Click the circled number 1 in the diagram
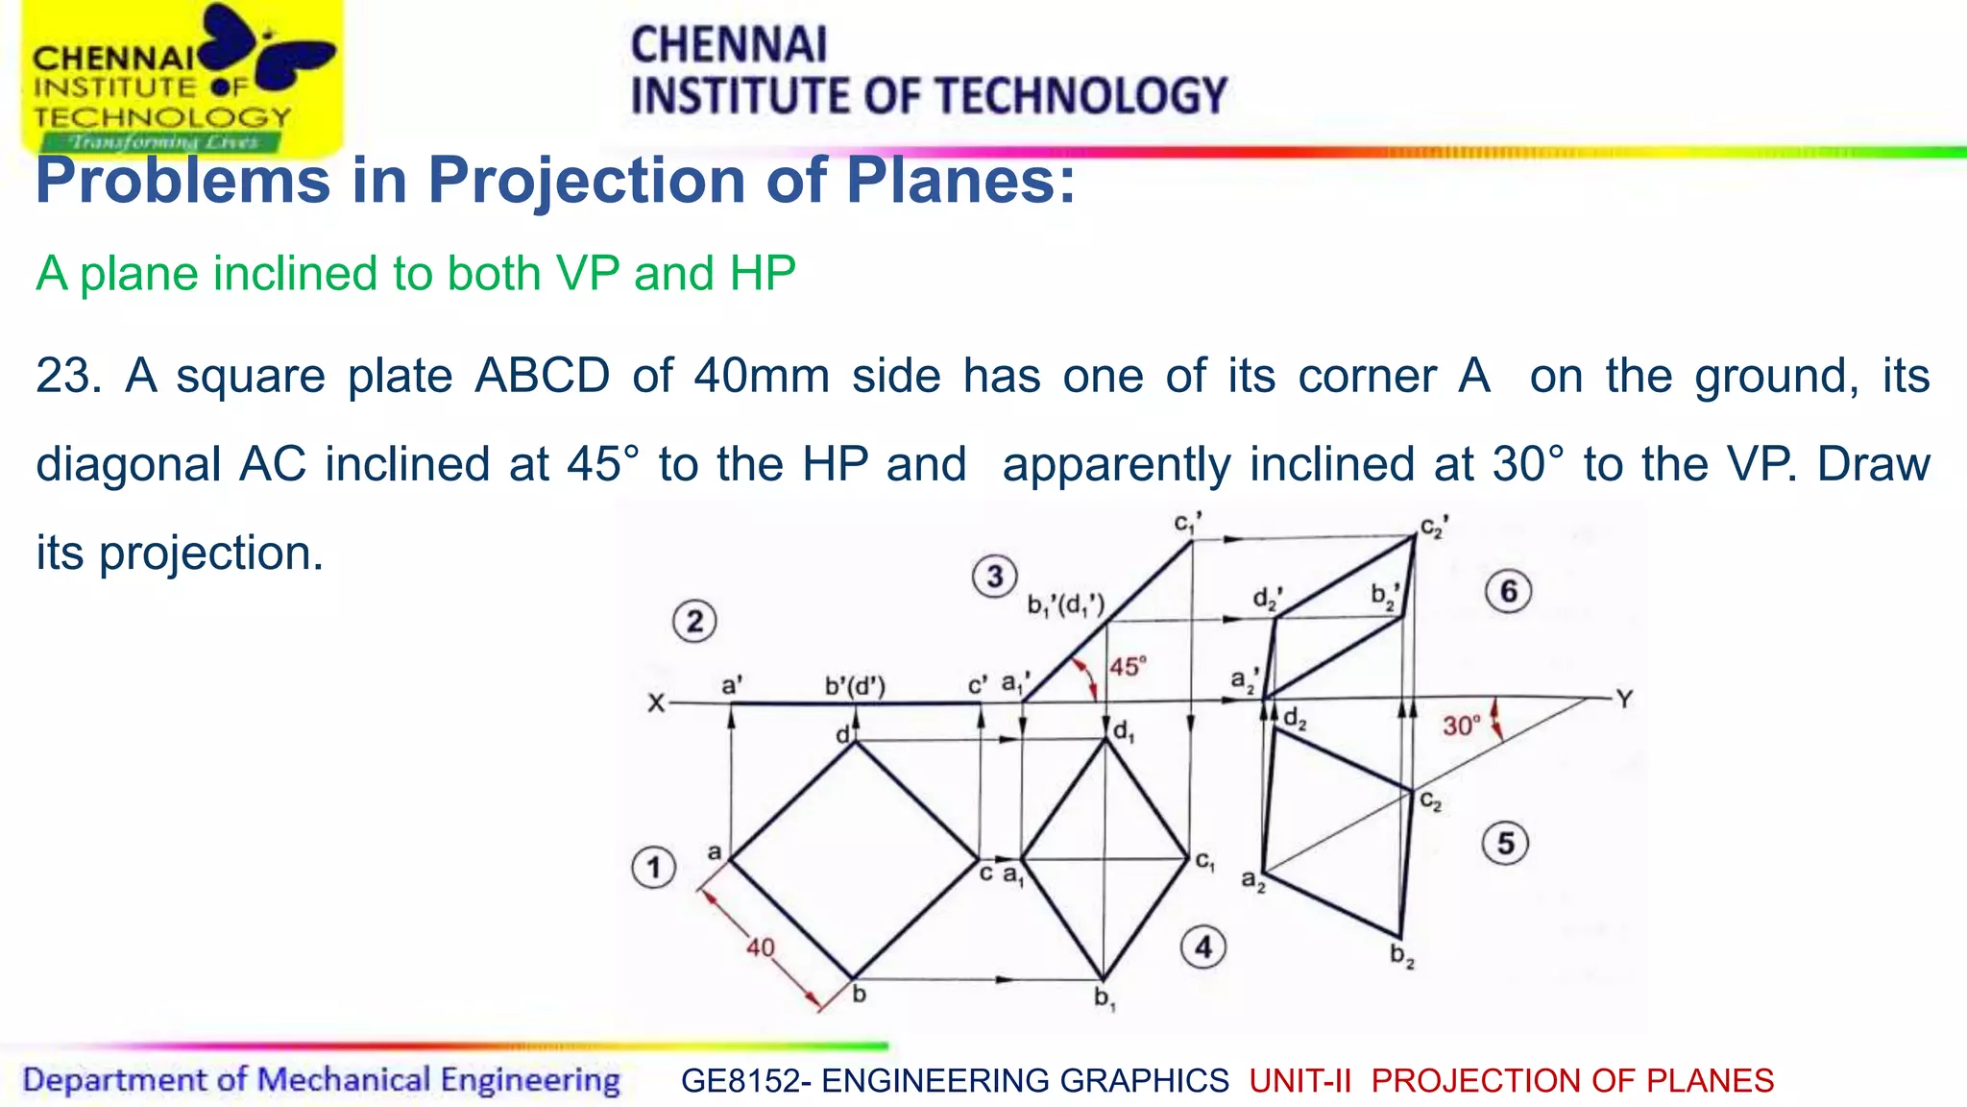pos(654,868)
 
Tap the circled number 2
pos(694,622)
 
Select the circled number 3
pos(994,577)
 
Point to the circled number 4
pos(1203,947)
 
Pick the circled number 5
pos(1505,844)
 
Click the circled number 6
pos(1508,591)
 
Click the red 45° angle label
pos(1128,666)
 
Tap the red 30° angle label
pos(1461,726)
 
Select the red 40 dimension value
pos(761,947)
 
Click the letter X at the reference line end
pos(656,703)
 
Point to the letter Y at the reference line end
pos(1624,699)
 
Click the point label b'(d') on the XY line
pos(855,686)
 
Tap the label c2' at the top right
pos(1435,528)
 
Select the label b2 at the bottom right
pos(1402,955)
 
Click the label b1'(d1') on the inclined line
pos(1066,604)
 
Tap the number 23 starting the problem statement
pos(67,376)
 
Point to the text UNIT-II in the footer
pos(1299,1081)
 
